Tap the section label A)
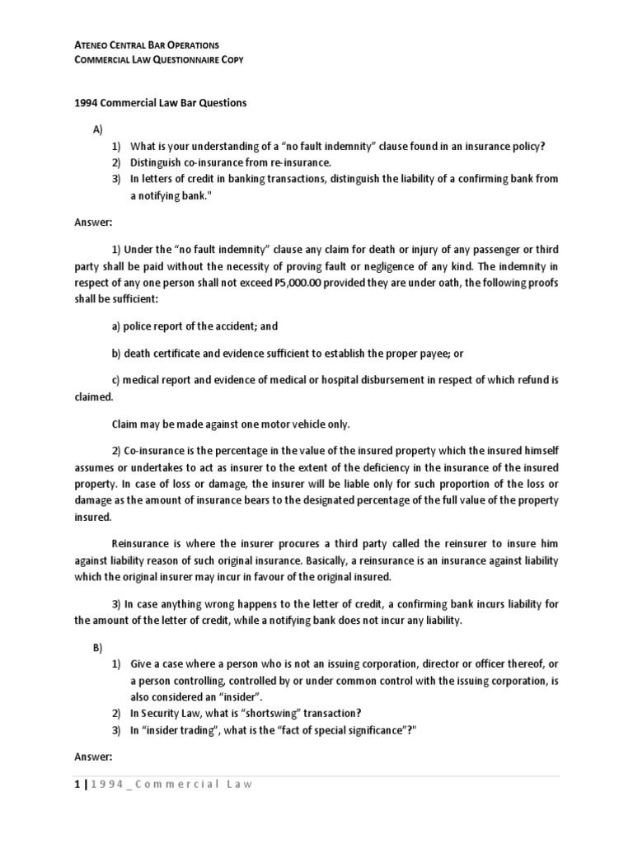(96, 131)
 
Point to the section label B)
(96, 649)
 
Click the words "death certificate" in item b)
(162, 354)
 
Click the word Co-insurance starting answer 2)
(162, 451)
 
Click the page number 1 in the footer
(67, 784)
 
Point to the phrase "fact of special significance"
(323, 729)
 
